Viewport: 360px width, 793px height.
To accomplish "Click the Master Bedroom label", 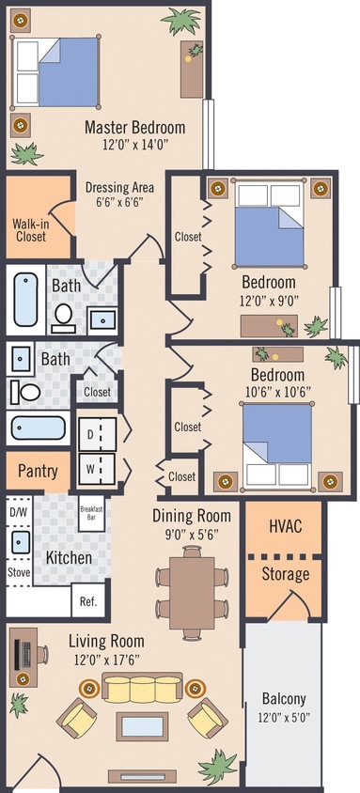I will point(134,127).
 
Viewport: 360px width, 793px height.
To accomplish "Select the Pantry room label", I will point(38,472).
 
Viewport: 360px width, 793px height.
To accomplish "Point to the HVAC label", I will point(285,525).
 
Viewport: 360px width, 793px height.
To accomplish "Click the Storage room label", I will point(285,573).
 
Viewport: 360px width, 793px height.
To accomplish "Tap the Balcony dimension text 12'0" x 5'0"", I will point(283,717).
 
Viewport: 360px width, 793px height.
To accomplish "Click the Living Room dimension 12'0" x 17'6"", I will point(106,659).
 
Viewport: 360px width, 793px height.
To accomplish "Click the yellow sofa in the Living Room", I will point(142,689).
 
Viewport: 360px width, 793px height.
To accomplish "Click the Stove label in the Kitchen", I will point(19,570).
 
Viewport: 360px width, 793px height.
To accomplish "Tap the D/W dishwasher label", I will point(19,512).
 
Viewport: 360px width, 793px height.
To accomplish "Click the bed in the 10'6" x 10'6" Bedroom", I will point(276,437).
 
